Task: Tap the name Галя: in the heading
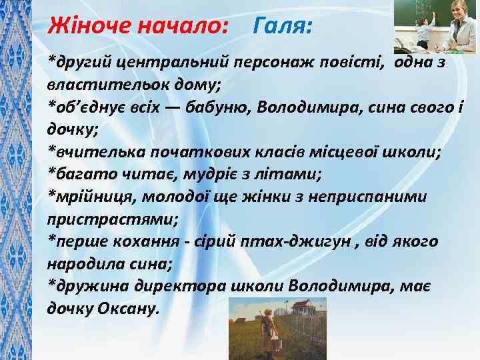tap(284, 26)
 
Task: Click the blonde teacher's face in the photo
tap(459, 13)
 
